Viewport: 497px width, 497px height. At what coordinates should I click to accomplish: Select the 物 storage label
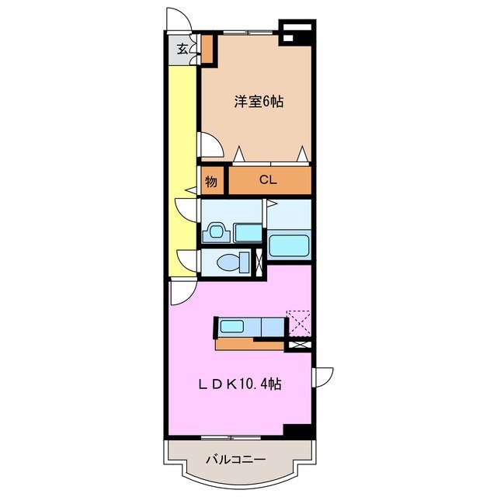pyautogui.click(x=211, y=182)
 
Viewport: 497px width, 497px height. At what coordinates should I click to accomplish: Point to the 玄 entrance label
pyautogui.click(x=182, y=49)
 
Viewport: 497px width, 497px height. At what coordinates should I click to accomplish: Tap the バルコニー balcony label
pyautogui.click(x=235, y=460)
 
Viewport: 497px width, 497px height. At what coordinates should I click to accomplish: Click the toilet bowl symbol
pyautogui.click(x=228, y=262)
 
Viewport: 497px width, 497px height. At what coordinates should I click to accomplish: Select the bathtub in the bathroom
pyautogui.click(x=290, y=245)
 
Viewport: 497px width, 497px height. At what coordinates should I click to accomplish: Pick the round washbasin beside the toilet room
pyautogui.click(x=215, y=232)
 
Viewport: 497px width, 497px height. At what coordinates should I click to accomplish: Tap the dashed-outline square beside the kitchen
pyautogui.click(x=298, y=321)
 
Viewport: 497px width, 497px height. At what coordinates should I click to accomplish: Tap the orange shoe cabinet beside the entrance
pyautogui.click(x=208, y=48)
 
